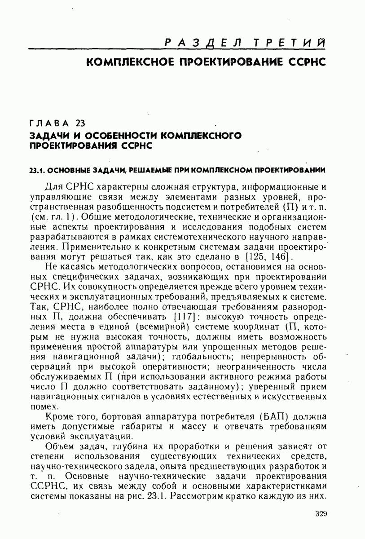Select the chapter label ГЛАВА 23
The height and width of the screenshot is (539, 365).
(x=57, y=124)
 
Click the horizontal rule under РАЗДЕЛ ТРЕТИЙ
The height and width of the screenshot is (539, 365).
(x=177, y=49)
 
